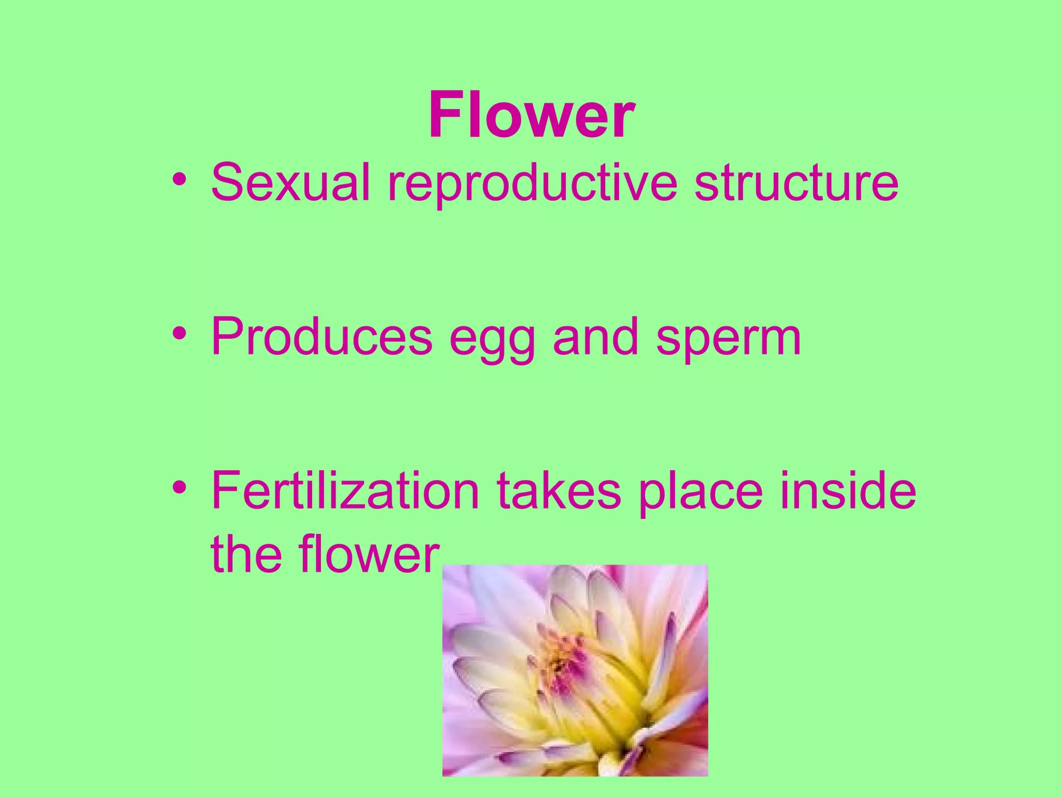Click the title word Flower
[531, 115]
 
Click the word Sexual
[290, 183]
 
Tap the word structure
[796, 183]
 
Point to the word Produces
[322, 337]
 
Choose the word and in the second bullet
[595, 337]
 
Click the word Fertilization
[345, 491]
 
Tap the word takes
[558, 491]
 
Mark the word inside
[848, 491]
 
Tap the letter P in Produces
[227, 337]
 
